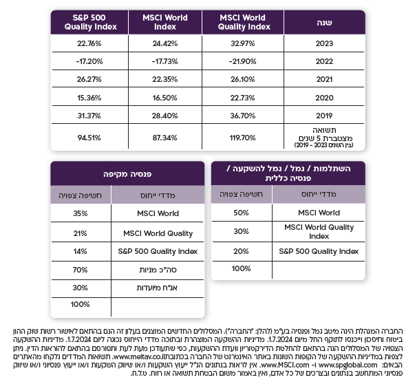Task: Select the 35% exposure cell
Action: (x=81, y=213)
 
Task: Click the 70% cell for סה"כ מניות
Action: (x=81, y=269)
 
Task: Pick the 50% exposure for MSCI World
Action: (x=242, y=213)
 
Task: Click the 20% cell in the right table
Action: (x=242, y=251)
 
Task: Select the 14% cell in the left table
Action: (x=81, y=251)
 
